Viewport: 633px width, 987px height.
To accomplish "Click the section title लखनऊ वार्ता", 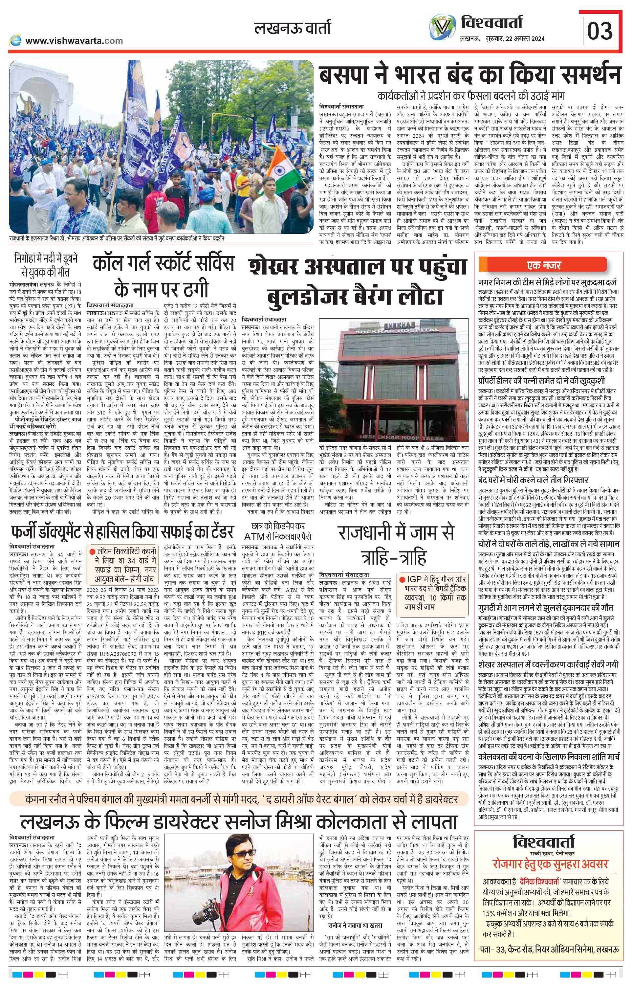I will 292,28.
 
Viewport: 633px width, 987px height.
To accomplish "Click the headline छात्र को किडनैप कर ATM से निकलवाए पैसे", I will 278,531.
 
